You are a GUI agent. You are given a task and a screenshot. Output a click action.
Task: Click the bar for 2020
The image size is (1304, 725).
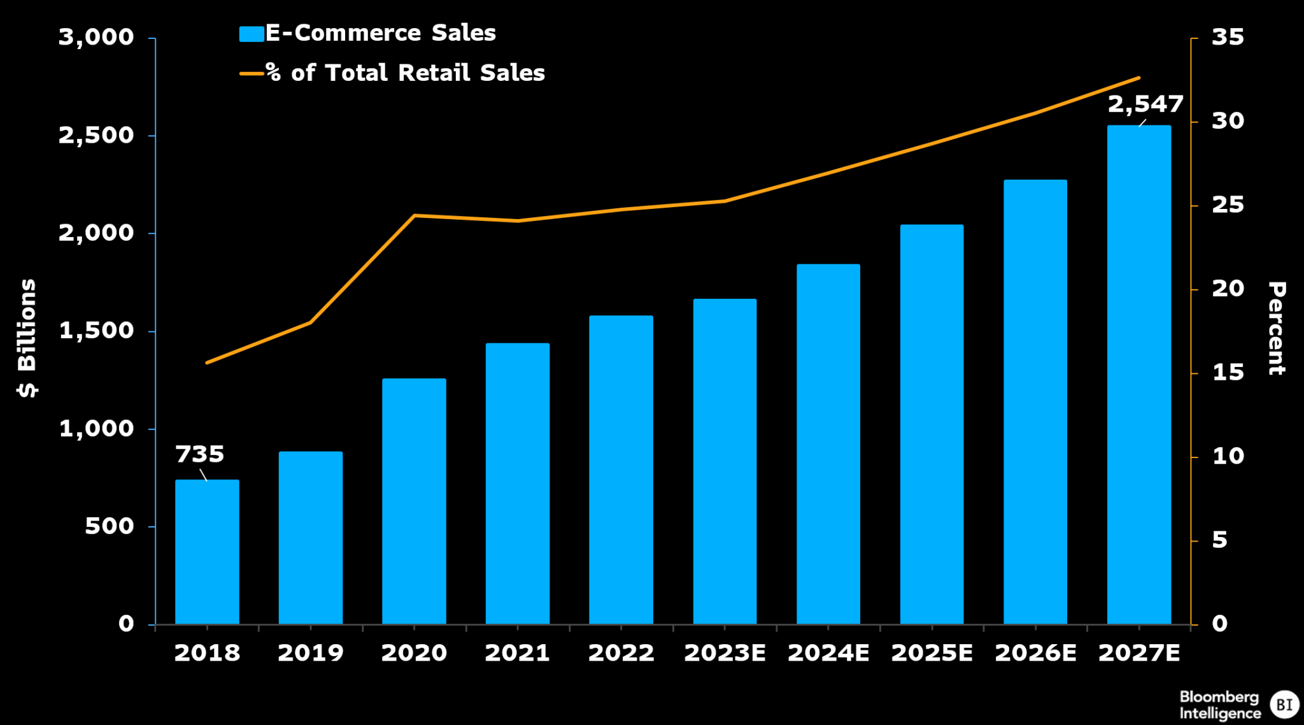[x=414, y=501]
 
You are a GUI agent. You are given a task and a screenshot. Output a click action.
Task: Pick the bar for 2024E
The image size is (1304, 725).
[x=828, y=443]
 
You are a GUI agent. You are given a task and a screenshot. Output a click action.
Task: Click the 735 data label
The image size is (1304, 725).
[x=199, y=454]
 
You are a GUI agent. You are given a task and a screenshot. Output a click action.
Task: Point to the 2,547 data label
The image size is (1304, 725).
[x=1145, y=104]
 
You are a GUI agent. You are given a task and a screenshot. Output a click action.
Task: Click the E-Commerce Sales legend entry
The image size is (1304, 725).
[x=367, y=33]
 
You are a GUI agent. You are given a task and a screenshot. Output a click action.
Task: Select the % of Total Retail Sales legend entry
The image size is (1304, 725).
[x=392, y=73]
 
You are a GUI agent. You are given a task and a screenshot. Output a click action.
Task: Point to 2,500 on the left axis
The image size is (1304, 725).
[x=96, y=135]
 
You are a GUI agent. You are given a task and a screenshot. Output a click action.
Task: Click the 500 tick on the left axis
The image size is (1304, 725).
[x=109, y=526]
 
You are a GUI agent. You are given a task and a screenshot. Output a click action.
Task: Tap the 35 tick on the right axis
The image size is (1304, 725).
[x=1227, y=37]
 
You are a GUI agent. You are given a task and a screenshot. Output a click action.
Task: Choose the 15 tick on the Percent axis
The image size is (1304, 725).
[x=1227, y=373]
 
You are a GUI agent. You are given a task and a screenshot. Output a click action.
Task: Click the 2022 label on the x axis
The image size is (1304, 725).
[x=621, y=653]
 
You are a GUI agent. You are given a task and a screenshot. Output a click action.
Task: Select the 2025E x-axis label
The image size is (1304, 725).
[x=932, y=653]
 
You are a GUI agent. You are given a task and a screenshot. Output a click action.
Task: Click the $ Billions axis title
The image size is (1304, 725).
[x=27, y=338]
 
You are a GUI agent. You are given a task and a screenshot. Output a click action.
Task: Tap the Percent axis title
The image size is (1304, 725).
[x=1277, y=328]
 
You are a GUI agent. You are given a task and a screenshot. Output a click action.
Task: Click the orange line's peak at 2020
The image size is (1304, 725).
[x=414, y=215]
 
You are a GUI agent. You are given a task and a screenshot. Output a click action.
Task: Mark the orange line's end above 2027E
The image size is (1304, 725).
[x=1138, y=78]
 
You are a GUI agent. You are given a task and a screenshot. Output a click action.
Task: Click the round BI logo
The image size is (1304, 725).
[x=1284, y=705]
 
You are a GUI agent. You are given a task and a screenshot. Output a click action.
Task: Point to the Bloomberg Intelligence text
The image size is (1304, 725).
[x=1219, y=705]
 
